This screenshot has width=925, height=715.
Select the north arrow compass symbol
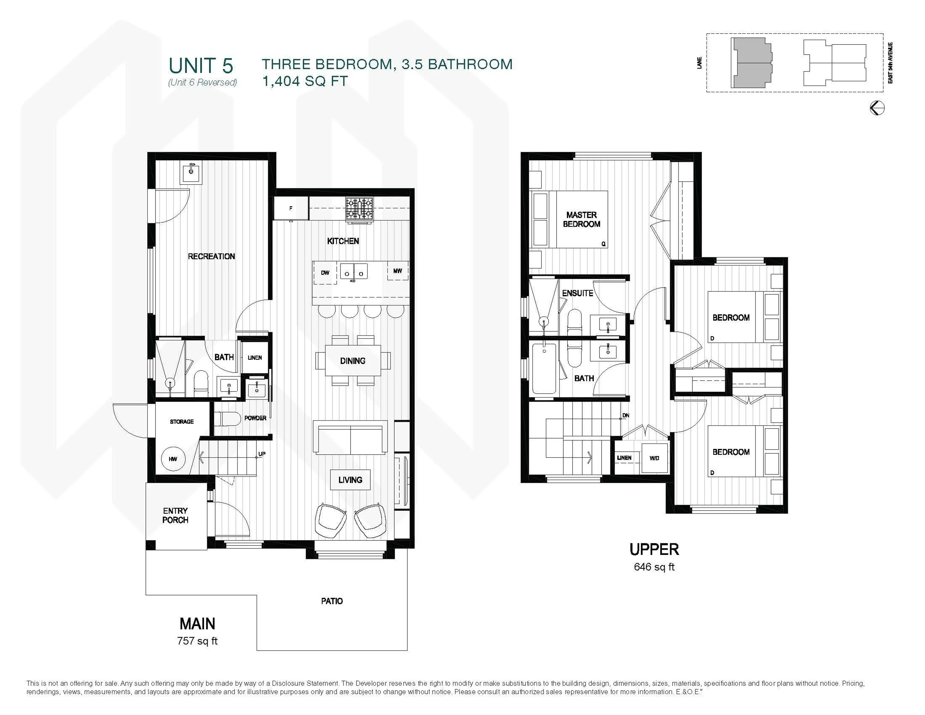coord(877,108)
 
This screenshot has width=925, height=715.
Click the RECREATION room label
coord(211,256)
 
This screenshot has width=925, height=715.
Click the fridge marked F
coord(291,208)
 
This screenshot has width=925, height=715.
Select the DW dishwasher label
coord(325,273)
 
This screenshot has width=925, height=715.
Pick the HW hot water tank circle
coord(173,459)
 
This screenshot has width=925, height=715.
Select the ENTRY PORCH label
coord(175,515)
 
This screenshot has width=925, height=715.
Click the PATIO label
coord(332,601)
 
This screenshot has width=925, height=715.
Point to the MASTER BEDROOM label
coord(581,220)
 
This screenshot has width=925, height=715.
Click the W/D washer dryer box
coord(654,458)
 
